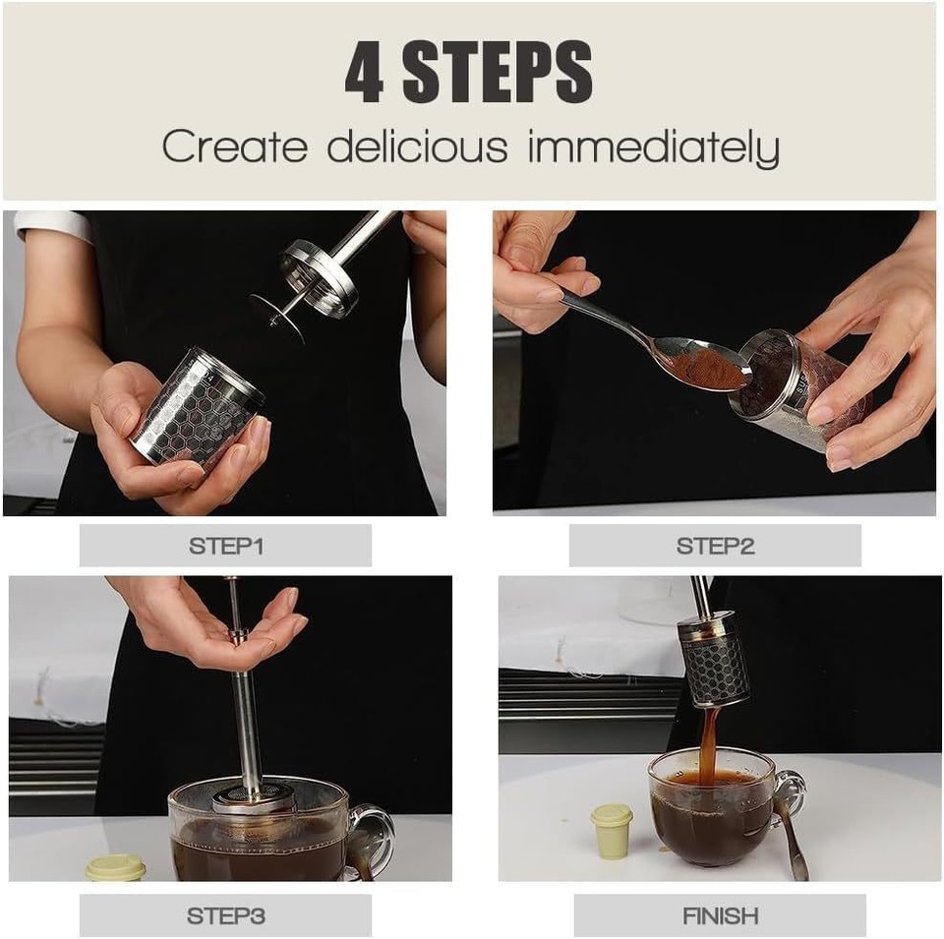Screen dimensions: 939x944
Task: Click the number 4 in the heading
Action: click(365, 74)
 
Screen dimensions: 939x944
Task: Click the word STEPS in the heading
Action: click(498, 74)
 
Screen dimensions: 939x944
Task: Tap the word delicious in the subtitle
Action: click(418, 147)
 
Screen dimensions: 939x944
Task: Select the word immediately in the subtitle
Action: click(653, 147)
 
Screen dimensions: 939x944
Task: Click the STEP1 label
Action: click(225, 546)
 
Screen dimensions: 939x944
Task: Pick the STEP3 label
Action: click(225, 915)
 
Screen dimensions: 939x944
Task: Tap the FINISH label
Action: click(720, 915)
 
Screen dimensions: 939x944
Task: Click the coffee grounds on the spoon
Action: click(707, 370)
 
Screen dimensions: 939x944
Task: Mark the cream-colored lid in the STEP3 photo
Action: click(115, 867)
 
